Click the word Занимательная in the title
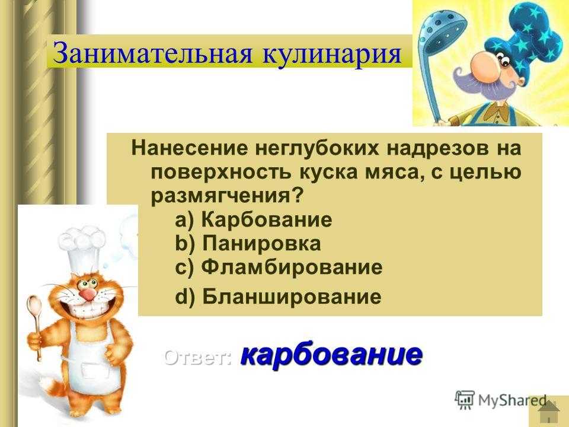[152, 53]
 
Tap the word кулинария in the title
[331, 53]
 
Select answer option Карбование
[267, 219]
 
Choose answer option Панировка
[261, 243]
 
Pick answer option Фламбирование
[292, 267]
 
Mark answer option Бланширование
[292, 297]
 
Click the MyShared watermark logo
[501, 400]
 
